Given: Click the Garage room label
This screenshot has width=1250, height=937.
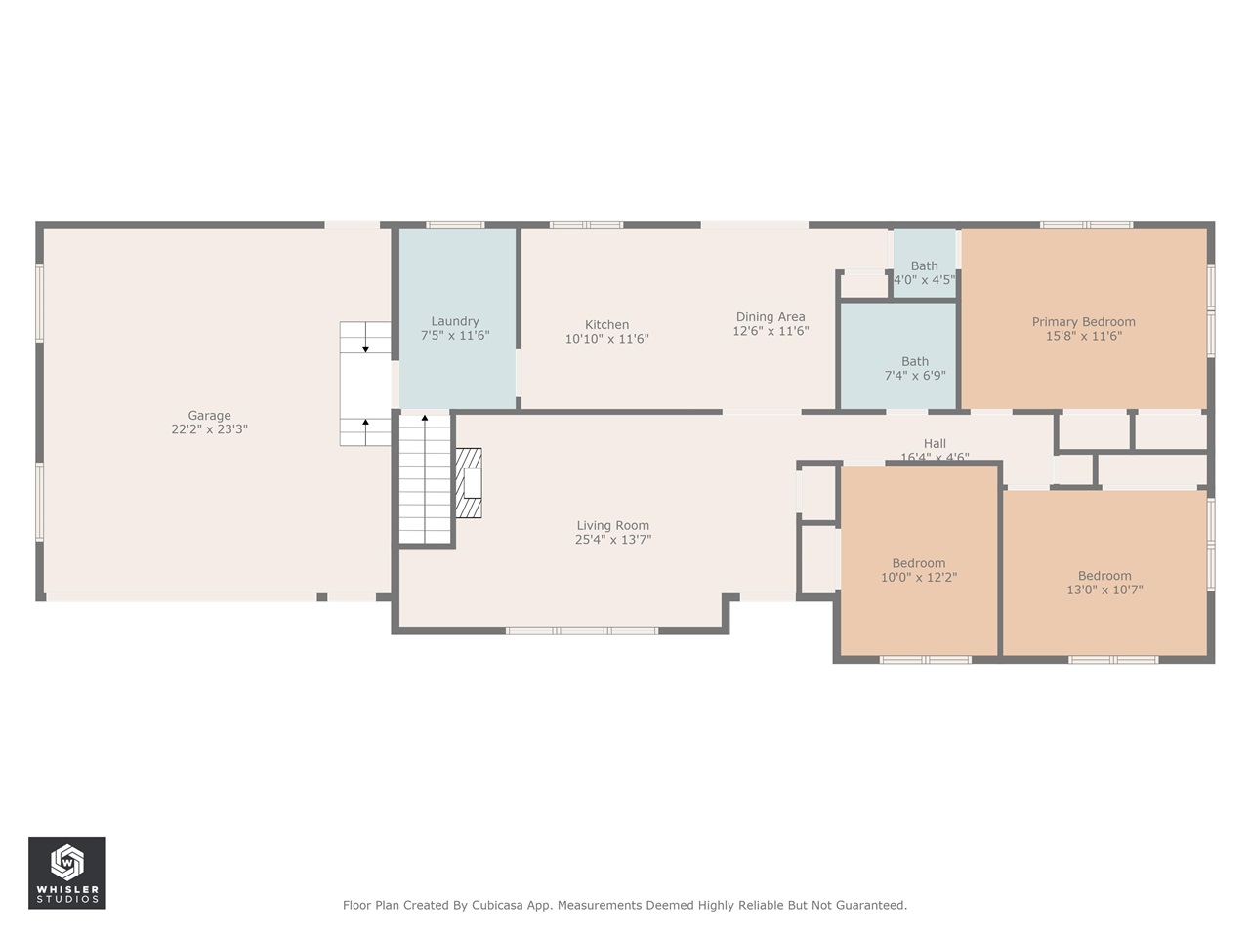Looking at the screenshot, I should click(209, 416).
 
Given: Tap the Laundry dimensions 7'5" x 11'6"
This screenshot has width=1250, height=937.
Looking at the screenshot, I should click(455, 336).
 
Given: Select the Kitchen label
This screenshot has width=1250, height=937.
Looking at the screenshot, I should click(606, 325).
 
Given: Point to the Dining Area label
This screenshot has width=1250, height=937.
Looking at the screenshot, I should click(771, 317).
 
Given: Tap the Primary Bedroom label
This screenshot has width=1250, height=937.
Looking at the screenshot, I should click(1083, 322).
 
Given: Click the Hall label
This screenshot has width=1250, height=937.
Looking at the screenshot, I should click(935, 444).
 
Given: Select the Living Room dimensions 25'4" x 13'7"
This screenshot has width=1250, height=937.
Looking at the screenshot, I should click(612, 540).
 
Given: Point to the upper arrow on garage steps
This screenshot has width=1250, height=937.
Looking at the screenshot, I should click(365, 348).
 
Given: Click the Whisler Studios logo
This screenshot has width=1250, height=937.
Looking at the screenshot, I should click(67, 873).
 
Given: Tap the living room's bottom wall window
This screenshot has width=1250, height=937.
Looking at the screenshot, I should click(582, 631).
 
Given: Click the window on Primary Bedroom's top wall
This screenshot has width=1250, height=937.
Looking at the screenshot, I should click(1086, 224).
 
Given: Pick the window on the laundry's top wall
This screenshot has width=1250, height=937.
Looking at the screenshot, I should click(455, 224).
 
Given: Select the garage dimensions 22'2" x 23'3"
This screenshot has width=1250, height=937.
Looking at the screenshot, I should click(209, 429).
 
